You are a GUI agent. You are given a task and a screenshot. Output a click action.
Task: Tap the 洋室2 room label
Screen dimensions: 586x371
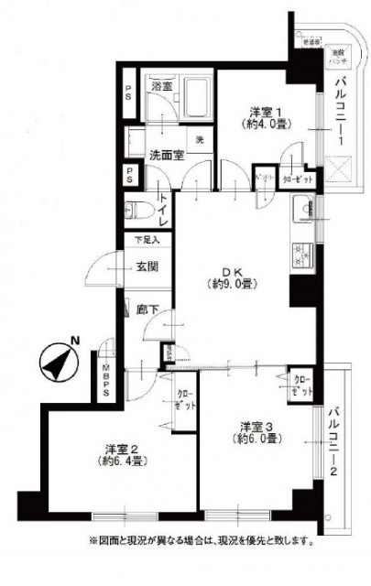tap(121, 448)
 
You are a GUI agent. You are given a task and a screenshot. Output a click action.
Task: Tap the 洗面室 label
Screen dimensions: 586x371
tap(166, 154)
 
